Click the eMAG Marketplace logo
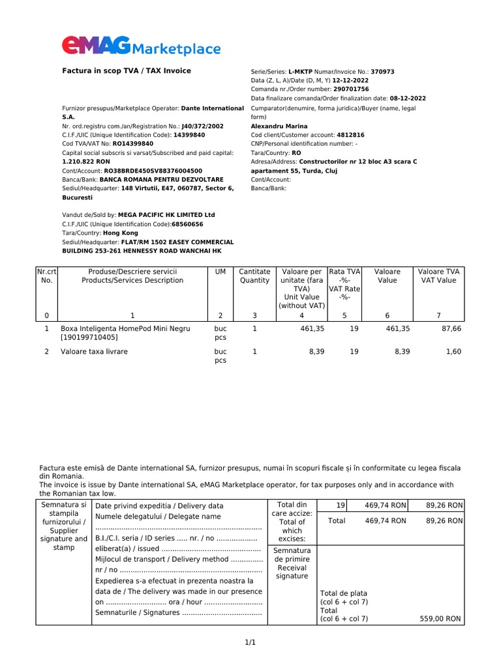(141, 46)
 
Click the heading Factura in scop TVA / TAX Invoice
(126, 70)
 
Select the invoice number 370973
(382, 72)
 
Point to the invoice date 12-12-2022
(346, 80)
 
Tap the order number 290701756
(351, 89)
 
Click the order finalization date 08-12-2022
(404, 98)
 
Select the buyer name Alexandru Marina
(279, 126)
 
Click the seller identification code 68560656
(187, 223)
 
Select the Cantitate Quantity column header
(254, 276)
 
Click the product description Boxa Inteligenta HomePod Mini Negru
(125, 329)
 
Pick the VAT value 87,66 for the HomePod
(451, 329)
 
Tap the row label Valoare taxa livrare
(94, 352)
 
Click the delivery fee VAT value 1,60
(453, 352)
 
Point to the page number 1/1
(250, 643)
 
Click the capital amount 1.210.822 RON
(85, 161)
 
